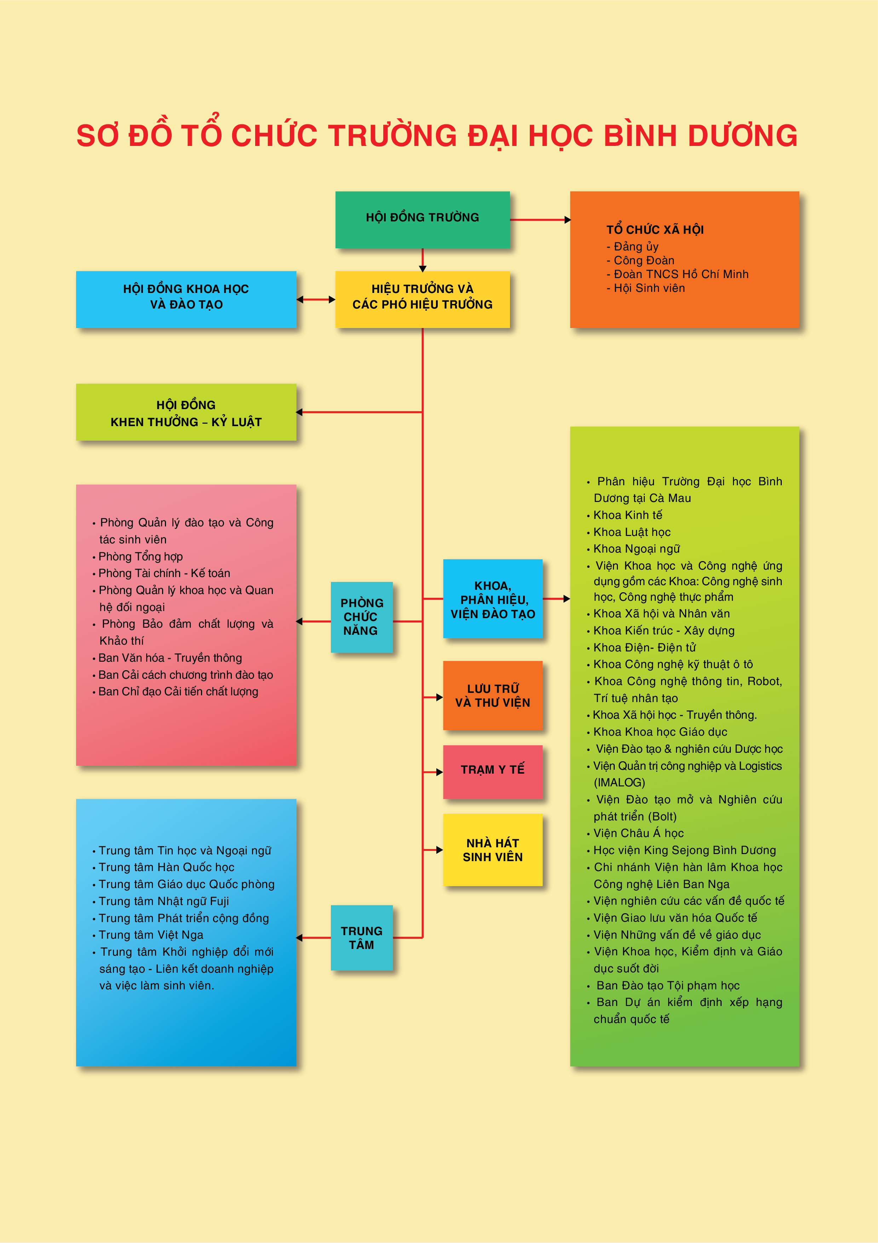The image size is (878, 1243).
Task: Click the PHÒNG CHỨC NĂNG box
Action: tap(361, 617)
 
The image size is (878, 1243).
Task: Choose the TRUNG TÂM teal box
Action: tap(361, 937)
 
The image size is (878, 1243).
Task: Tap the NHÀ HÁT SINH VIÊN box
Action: tap(492, 849)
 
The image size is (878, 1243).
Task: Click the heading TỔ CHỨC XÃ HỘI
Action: tap(655, 230)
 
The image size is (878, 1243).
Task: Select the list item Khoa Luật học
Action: tap(632, 532)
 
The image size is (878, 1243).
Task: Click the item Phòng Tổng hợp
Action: tap(140, 556)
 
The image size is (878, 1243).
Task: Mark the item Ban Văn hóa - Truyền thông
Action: tap(170, 658)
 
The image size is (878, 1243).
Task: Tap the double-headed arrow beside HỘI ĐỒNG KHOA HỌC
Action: tap(316, 299)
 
